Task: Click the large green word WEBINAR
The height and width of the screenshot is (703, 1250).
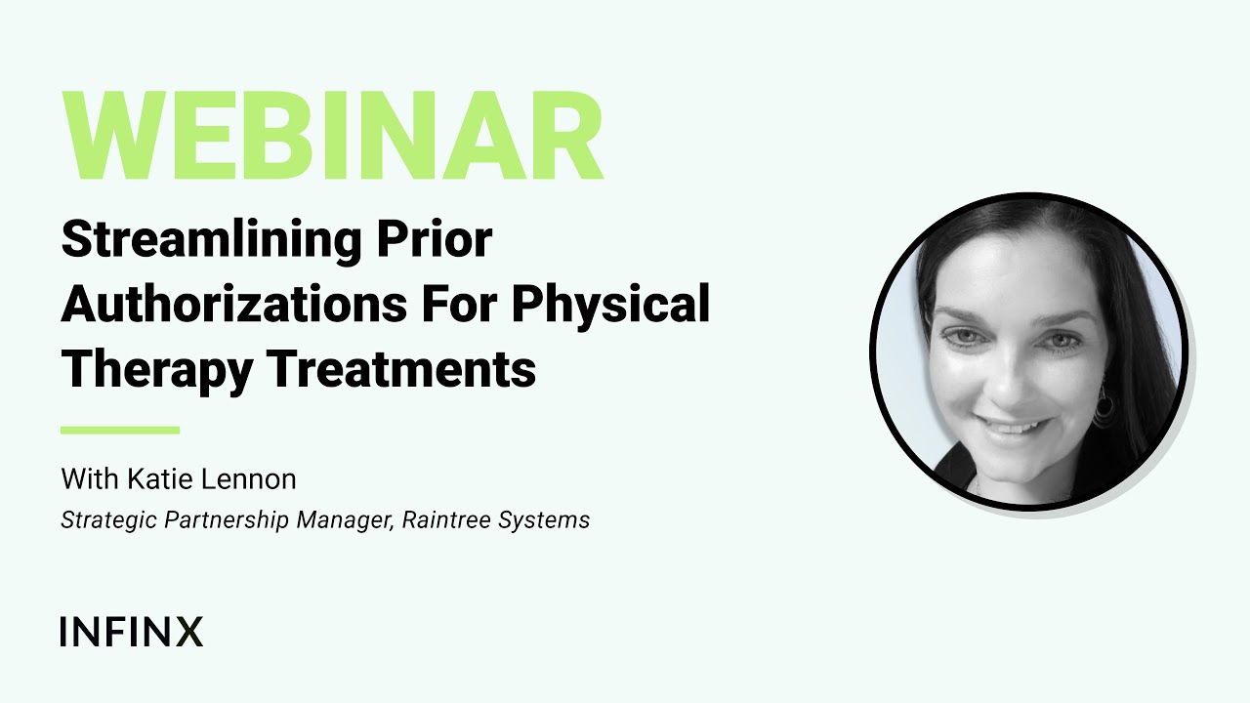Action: [x=332, y=137]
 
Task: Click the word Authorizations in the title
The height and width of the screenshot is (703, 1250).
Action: [x=233, y=306]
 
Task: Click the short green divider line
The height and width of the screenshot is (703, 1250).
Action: [x=120, y=430]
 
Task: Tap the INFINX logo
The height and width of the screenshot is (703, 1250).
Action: [x=131, y=632]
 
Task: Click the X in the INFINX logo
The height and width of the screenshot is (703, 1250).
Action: [x=188, y=632]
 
